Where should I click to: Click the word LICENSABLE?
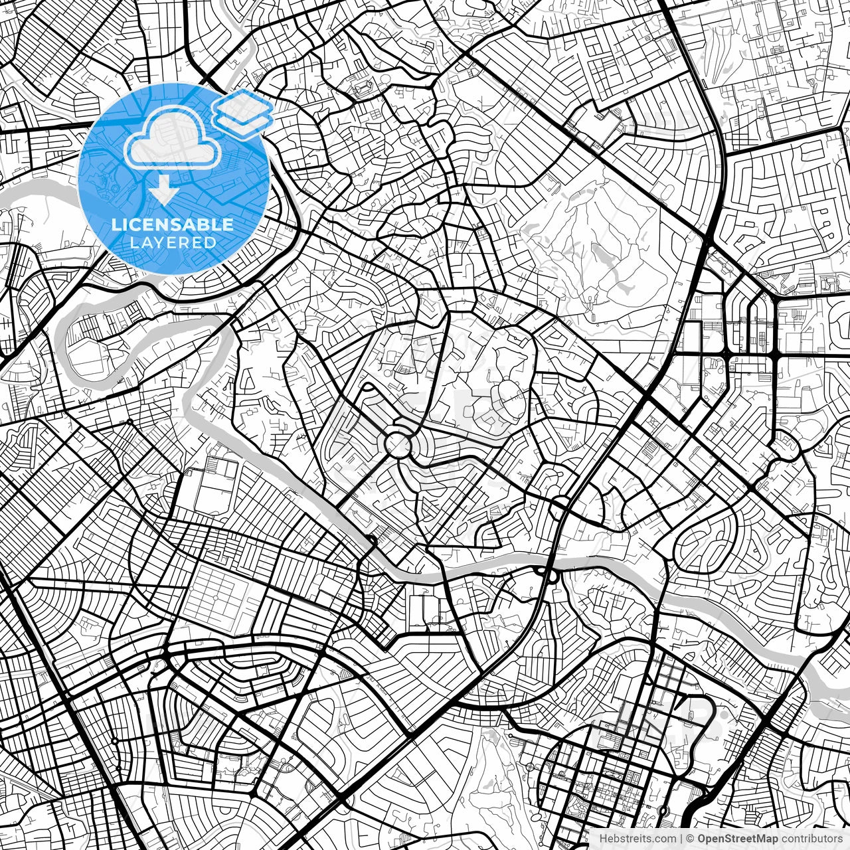tap(173, 224)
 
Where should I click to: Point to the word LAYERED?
tap(173, 242)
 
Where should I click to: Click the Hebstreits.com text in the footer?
tap(637, 839)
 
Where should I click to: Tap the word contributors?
tap(811, 839)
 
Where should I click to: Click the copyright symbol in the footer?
tap(691, 839)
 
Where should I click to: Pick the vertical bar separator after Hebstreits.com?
tap(682, 839)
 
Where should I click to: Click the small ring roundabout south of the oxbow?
tap(130, 422)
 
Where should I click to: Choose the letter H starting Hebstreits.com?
tap(603, 839)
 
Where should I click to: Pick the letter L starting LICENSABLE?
tap(116, 224)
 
